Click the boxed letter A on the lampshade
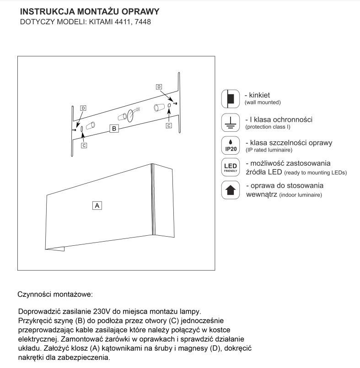coord(97,206)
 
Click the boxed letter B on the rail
coord(115,129)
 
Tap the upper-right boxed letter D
coord(159,87)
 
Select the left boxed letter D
coord(83,108)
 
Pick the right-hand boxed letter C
coord(169,125)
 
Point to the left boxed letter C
coord(84,145)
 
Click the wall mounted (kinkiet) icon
coord(231,99)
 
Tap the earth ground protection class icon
coord(231,122)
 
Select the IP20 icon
coord(231,145)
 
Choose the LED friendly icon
coord(231,167)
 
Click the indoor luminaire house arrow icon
coord(231,189)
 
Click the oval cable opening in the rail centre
coord(131,115)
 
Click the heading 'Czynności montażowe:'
coord(55,292)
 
